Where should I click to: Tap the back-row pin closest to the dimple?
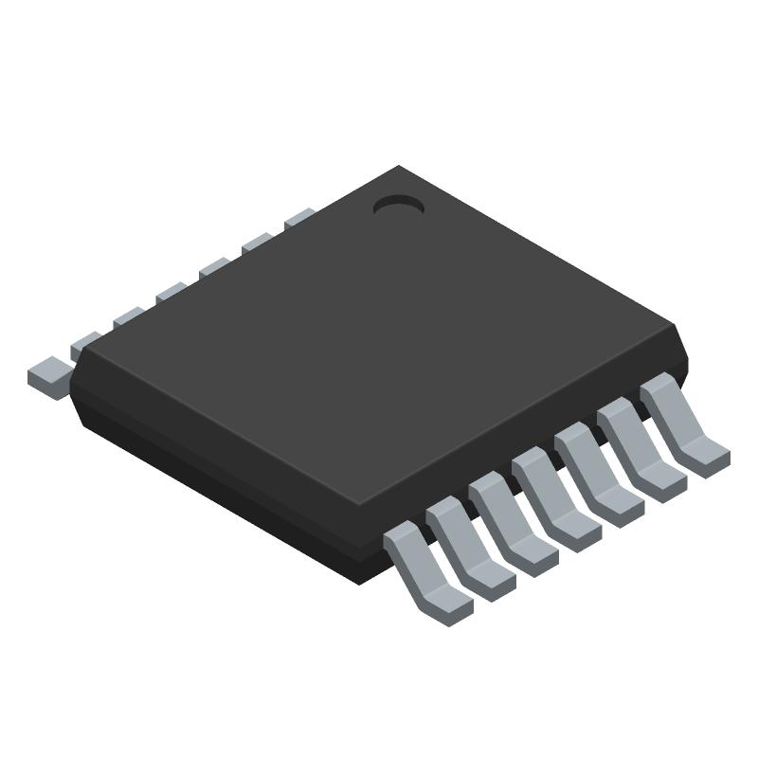click(299, 218)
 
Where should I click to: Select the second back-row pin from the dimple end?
click(257, 244)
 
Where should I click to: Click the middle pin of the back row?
click(171, 293)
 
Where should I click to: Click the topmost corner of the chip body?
click(398, 168)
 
